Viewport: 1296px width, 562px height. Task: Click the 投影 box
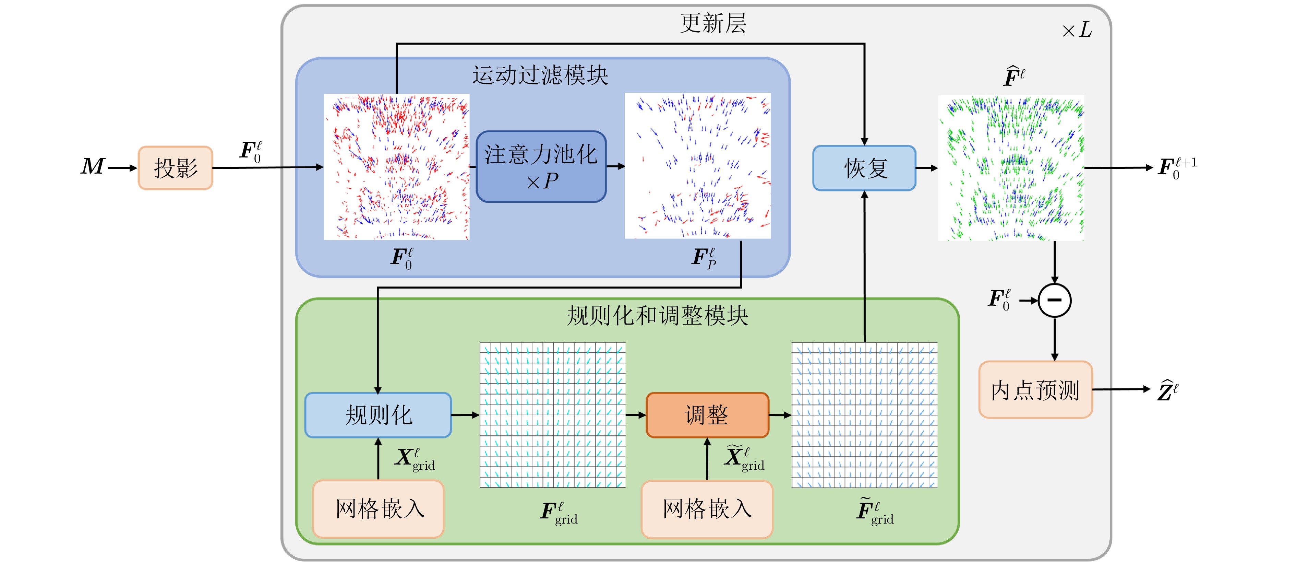[x=175, y=168]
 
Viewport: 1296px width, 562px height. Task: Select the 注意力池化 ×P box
[x=541, y=167]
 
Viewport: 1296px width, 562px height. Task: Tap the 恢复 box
[x=864, y=168]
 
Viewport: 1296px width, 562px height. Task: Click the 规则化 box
[x=378, y=415]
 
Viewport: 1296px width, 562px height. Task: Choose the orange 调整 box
[x=707, y=415]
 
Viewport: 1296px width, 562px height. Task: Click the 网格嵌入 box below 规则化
[x=378, y=508]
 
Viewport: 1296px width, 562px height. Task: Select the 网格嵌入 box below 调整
[x=707, y=508]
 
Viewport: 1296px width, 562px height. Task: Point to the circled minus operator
[x=1055, y=301]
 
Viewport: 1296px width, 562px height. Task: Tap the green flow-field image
[x=1011, y=168]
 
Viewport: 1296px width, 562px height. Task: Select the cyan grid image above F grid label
[x=552, y=415]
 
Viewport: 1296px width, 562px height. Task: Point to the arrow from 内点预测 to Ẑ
[x=1121, y=389]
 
